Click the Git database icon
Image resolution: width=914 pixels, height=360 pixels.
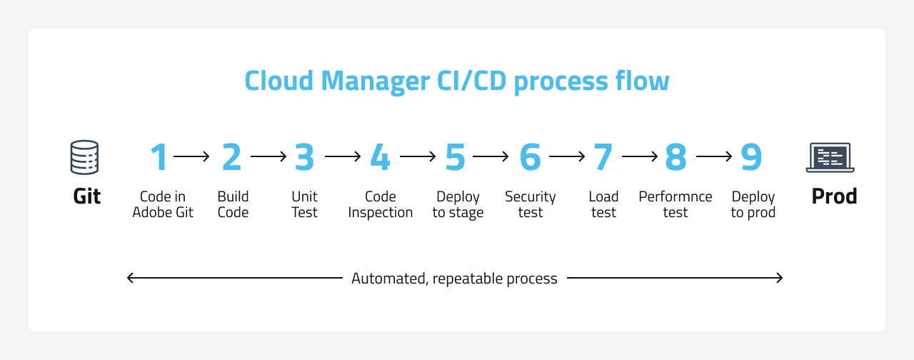click(84, 157)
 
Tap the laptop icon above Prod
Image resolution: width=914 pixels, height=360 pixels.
click(830, 157)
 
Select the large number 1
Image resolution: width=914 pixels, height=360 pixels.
click(159, 157)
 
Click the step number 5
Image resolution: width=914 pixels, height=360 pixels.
click(455, 157)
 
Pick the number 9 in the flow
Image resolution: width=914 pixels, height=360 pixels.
click(751, 157)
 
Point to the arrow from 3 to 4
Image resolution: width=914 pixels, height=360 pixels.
click(343, 156)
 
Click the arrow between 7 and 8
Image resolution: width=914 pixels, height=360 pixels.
click(639, 156)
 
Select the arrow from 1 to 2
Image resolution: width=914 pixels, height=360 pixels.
click(191, 156)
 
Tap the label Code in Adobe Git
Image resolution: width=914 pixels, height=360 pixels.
click(163, 204)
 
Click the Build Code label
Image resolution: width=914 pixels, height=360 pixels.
click(233, 204)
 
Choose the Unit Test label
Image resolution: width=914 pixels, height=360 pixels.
click(304, 204)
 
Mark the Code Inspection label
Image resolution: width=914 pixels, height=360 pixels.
click(380, 204)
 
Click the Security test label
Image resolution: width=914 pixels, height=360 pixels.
click(530, 204)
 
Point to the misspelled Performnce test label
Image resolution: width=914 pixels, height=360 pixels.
click(675, 204)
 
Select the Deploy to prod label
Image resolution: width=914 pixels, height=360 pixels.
click(753, 204)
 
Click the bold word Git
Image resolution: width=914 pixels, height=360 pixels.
click(86, 196)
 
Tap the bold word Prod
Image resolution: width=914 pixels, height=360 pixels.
click(834, 196)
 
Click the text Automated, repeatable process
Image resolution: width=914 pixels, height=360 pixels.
click(454, 279)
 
